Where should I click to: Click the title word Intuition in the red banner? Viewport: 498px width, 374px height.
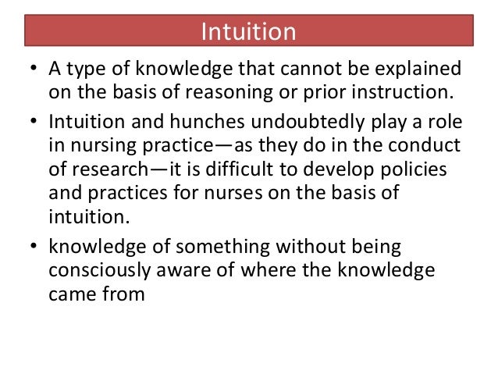point(249,32)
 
